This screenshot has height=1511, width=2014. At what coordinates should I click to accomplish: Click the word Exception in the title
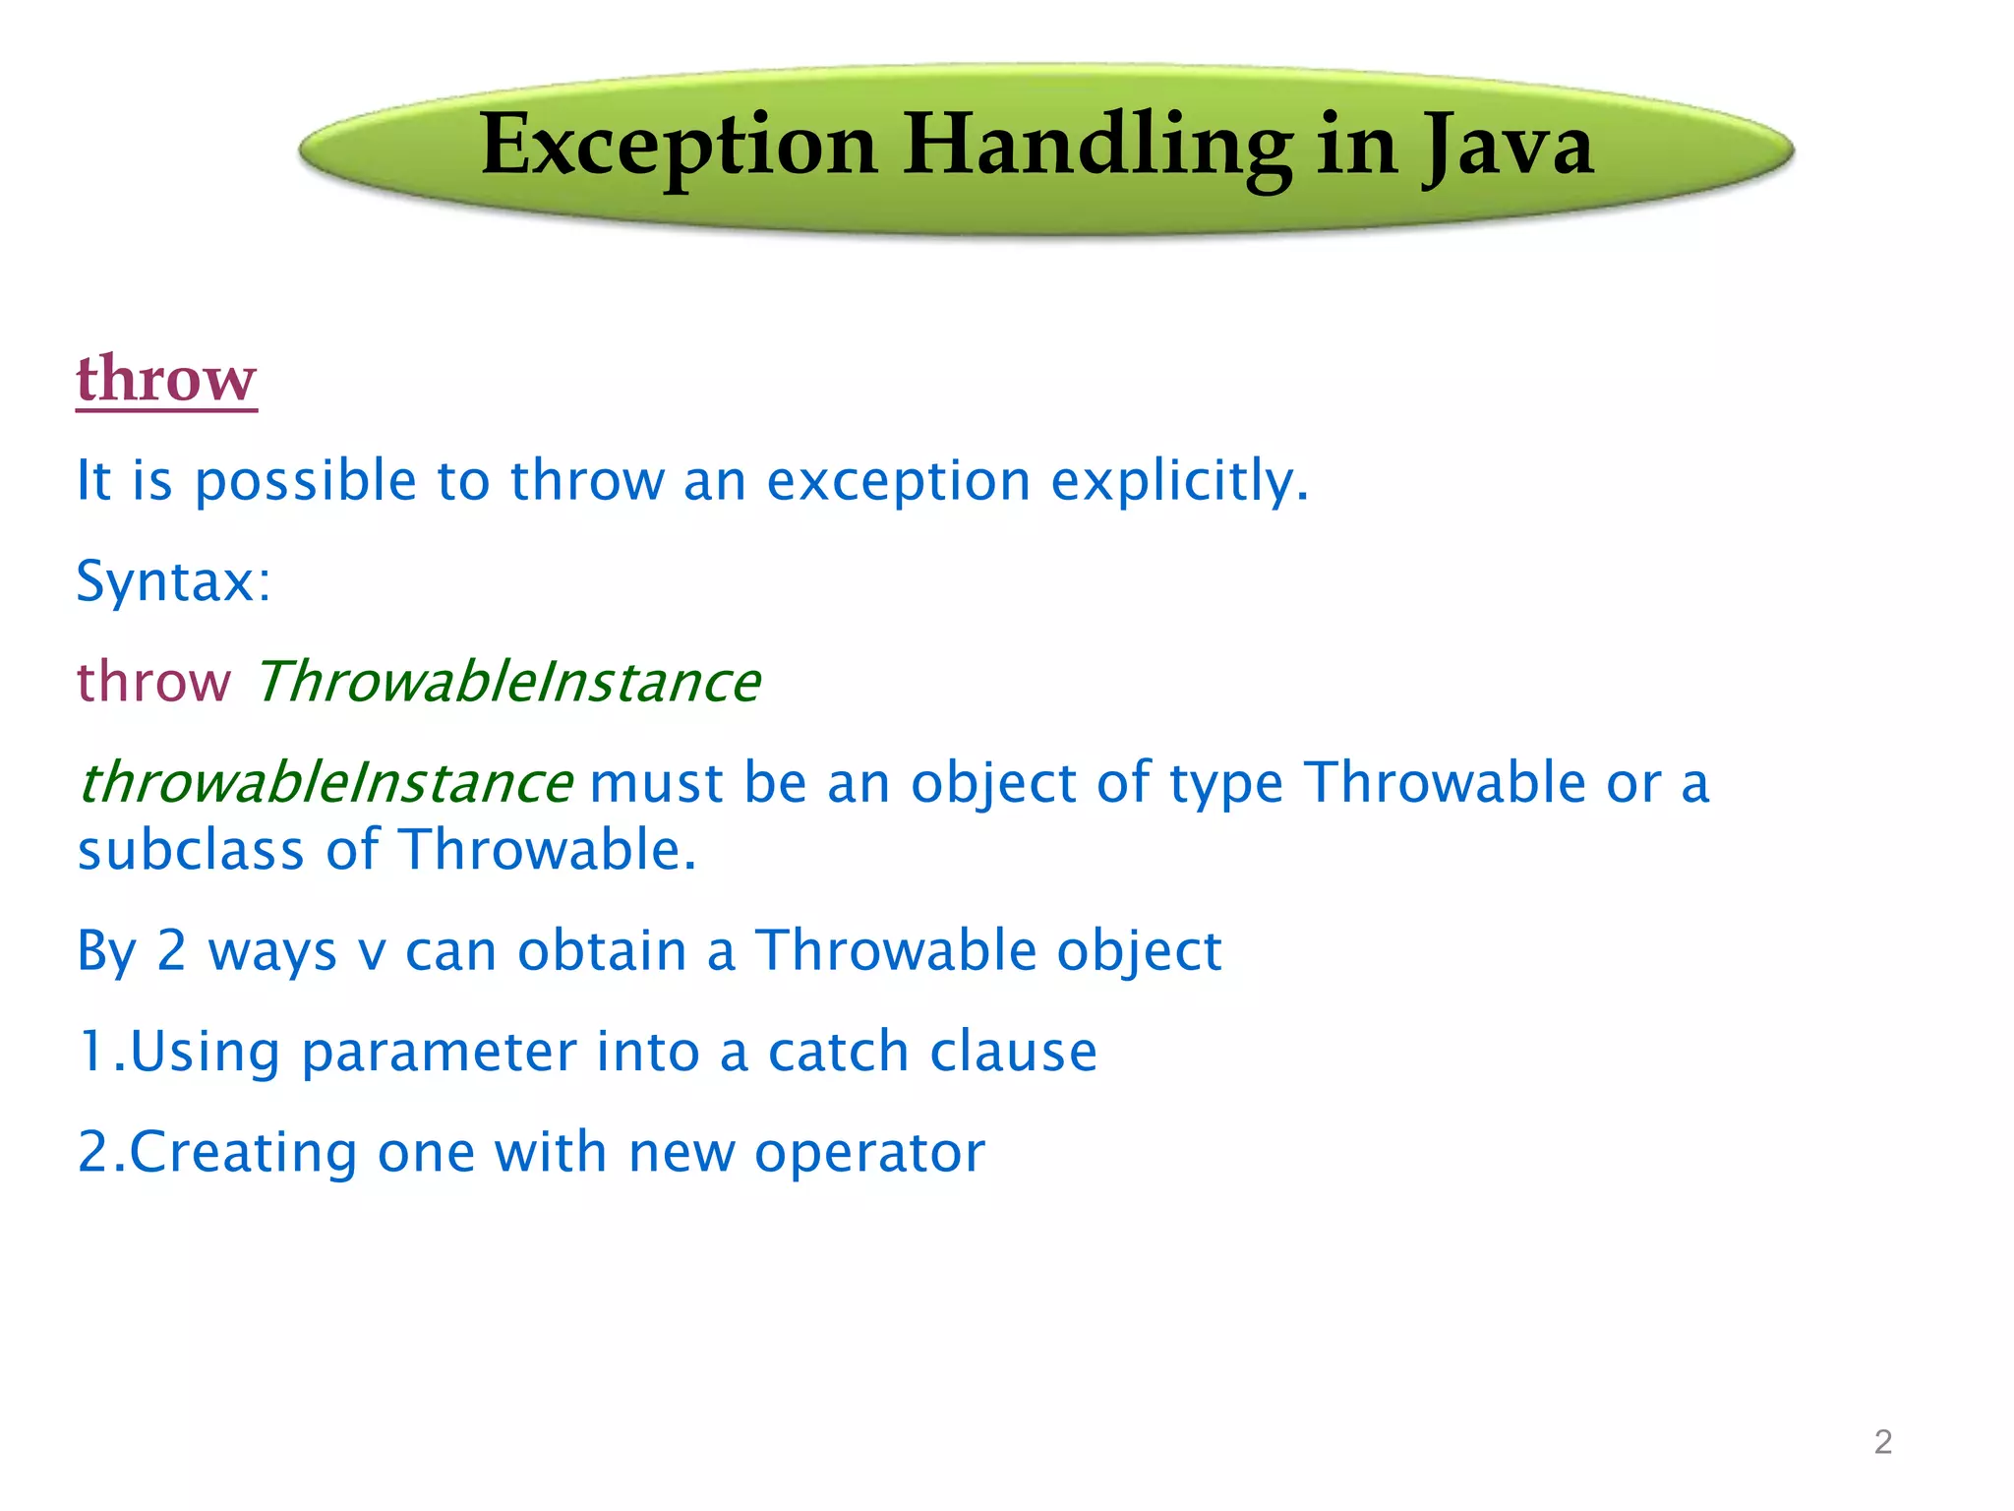(679, 148)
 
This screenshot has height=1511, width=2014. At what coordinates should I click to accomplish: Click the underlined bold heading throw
(166, 379)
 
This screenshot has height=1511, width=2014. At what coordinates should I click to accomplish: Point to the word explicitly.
(1179, 482)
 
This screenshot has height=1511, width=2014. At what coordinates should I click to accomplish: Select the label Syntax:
(173, 582)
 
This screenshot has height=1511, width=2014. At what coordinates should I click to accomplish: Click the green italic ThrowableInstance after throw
(507, 682)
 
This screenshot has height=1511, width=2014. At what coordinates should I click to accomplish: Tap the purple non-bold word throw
(153, 682)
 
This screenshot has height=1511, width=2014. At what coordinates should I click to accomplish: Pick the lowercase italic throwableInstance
(325, 783)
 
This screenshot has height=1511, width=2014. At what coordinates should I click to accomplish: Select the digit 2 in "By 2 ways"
(171, 951)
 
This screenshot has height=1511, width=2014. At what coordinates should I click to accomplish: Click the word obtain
(602, 951)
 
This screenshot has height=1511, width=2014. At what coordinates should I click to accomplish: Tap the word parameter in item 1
(439, 1053)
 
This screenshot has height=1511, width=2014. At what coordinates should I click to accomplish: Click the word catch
(838, 1053)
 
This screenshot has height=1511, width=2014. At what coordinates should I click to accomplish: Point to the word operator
(869, 1153)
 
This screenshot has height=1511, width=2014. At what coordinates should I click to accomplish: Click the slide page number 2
(1882, 1442)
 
